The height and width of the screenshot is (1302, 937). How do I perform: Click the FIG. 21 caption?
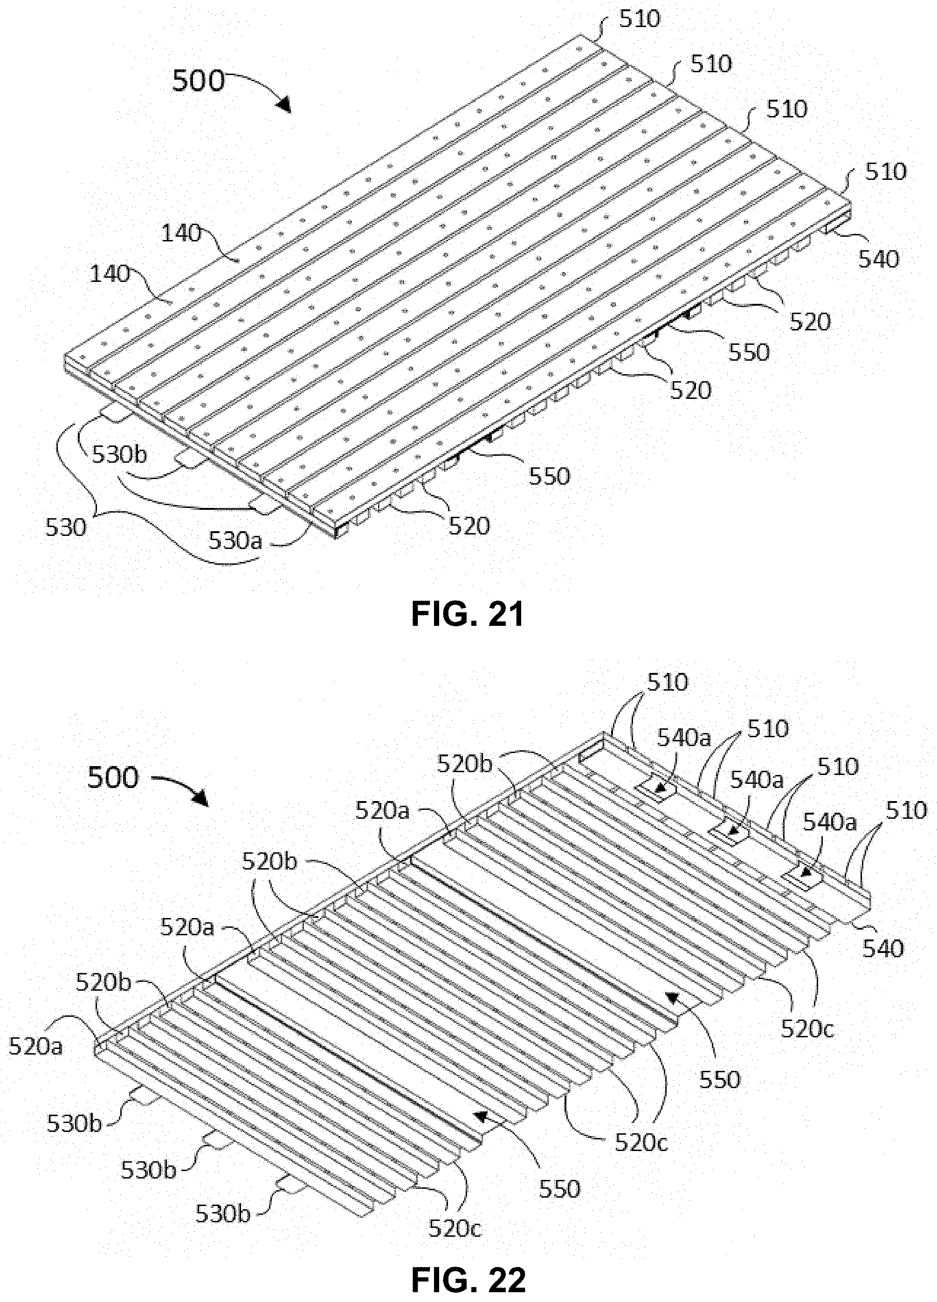(x=468, y=615)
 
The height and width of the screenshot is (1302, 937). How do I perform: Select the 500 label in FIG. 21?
(x=199, y=81)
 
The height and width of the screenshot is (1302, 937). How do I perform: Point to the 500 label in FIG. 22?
(x=113, y=778)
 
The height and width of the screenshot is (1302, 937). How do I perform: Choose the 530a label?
(x=235, y=540)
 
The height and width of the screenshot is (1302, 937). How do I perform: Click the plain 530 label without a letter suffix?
(x=66, y=527)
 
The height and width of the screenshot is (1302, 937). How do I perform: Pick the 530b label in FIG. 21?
(x=120, y=455)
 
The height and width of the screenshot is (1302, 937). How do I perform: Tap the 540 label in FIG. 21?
(x=878, y=260)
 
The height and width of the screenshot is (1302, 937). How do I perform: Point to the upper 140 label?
(x=181, y=233)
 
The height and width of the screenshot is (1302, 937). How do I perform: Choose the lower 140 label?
(x=110, y=274)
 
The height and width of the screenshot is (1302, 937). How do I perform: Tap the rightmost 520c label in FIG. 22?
(x=807, y=1029)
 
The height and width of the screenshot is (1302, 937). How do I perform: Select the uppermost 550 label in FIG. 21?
(x=749, y=352)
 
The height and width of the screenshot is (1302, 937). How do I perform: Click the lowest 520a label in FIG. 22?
(x=35, y=1046)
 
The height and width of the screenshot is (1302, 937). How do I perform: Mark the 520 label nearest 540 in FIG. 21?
(x=810, y=322)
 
